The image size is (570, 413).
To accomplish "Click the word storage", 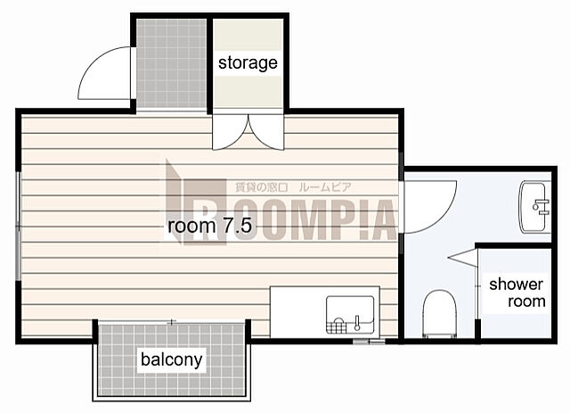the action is tap(248, 63).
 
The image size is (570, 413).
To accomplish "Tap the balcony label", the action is tap(172, 359).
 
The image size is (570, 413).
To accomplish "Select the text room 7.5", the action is tap(210, 226).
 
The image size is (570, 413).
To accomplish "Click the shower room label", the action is tap(517, 293).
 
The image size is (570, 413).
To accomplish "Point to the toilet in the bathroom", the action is tap(439, 314).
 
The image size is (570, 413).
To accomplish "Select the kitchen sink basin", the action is tap(350, 315).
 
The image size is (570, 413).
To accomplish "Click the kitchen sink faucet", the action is tap(357, 323).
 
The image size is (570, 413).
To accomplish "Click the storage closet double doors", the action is tap(248, 132).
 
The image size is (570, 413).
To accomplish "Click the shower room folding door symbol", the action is tap(462, 258).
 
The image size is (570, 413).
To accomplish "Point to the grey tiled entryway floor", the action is tap(171, 63).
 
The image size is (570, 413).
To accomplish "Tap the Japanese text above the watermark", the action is tap(293, 187).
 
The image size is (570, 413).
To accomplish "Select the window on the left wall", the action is tap(18, 226).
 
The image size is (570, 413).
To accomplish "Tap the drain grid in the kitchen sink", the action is tap(337, 326).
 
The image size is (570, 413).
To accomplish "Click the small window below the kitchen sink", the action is tap(369, 342).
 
